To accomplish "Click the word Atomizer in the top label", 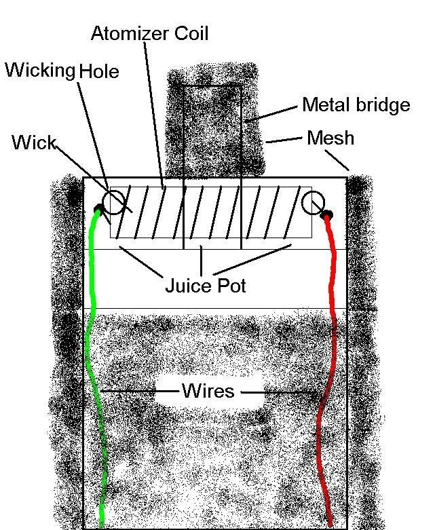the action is [130, 33].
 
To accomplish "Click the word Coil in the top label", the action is [191, 33].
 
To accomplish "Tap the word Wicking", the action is [39, 71].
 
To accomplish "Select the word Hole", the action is [98, 71].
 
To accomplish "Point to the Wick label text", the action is [34, 143].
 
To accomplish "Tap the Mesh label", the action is [330, 138].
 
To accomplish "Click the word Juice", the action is [188, 286].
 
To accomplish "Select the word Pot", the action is [231, 286].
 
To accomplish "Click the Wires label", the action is [208, 390].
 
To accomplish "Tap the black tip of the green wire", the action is [98, 208].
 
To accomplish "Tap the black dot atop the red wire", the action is [327, 214].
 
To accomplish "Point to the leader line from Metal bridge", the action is [271, 113].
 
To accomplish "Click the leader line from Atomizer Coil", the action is [155, 115].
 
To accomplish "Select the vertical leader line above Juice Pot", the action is [202, 261].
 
